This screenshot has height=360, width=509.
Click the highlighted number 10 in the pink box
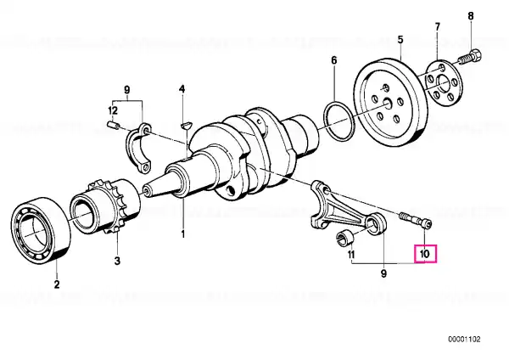424,253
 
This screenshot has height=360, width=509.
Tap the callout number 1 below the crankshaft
182,233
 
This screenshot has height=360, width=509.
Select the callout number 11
350,254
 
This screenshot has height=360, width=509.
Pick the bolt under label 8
469,59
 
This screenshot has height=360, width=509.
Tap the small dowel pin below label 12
113,127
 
